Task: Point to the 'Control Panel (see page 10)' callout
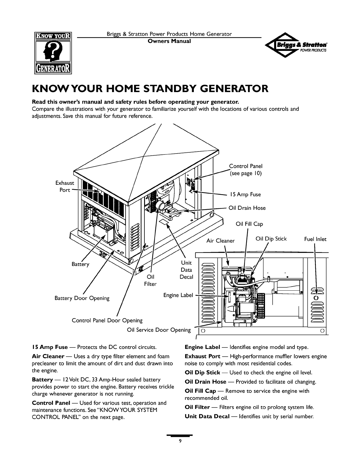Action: click(x=246, y=170)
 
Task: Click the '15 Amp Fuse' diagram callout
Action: click(x=245, y=194)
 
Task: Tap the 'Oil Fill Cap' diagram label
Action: click(x=249, y=224)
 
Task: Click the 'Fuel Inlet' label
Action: click(x=315, y=239)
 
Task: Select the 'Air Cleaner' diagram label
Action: click(x=221, y=241)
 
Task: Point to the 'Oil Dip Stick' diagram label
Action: click(x=271, y=239)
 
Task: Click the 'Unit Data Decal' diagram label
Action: click(x=186, y=270)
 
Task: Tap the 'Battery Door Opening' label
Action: click(x=82, y=298)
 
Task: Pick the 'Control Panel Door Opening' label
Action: click(x=107, y=320)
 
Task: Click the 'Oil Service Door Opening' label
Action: click(x=159, y=330)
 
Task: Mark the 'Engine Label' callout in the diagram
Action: click(x=178, y=295)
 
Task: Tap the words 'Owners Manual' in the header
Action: click(x=169, y=41)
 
